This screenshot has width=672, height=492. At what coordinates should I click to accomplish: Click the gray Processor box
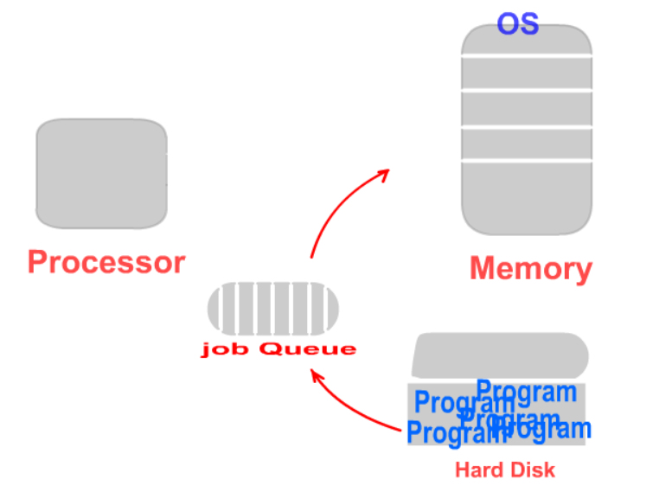click(x=101, y=174)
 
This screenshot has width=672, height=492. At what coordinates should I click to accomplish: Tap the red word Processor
click(x=106, y=262)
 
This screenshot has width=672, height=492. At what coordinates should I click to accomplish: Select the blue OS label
click(x=517, y=23)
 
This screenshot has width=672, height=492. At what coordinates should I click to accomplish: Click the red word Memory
click(x=530, y=269)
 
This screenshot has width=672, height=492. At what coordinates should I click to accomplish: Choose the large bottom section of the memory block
click(x=526, y=197)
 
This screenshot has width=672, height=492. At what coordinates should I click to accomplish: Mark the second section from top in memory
click(x=526, y=73)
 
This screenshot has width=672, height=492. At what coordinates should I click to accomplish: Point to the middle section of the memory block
click(x=526, y=109)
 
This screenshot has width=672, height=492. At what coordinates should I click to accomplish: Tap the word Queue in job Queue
click(x=308, y=349)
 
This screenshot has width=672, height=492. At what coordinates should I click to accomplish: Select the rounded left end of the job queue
click(x=215, y=309)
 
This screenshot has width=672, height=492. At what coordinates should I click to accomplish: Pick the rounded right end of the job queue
click(x=331, y=309)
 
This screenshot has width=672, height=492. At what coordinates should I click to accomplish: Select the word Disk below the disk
click(x=533, y=470)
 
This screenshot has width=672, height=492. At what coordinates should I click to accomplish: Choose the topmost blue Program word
click(x=527, y=392)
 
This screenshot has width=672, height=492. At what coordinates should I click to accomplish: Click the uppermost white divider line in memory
click(x=526, y=57)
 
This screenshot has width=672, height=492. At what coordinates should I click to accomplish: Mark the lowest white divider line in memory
click(x=526, y=160)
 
